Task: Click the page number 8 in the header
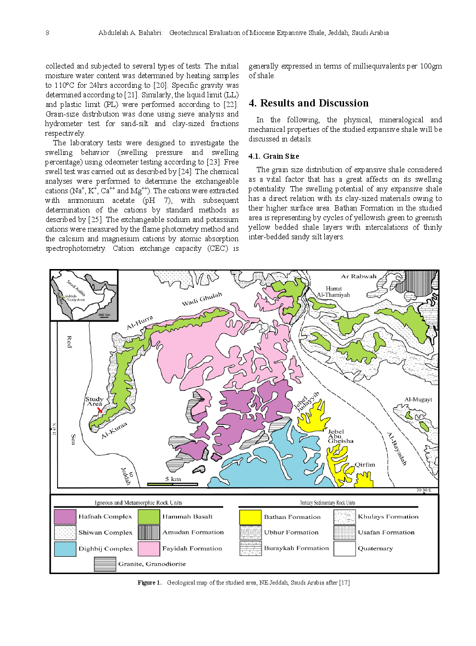pos(47,33)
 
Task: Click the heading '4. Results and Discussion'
pos(308,103)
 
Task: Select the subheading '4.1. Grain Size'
pos(274,156)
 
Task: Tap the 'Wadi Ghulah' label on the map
pos(202,299)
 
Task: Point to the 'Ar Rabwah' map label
pos(358,276)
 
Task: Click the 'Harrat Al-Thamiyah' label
pos(333,292)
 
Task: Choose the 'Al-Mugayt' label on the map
pos(418,399)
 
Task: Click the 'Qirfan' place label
pos(365,464)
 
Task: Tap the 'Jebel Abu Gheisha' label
pos(340,436)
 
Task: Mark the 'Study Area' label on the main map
pos(94,401)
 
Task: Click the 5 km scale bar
pos(172,484)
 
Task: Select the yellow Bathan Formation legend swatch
pos(250,517)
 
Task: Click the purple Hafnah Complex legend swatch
pos(65,517)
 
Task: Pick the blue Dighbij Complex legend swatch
pos(65,549)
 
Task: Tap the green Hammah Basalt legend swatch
pos(149,517)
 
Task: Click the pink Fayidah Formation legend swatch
pos(149,549)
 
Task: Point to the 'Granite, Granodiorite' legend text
pos(152,564)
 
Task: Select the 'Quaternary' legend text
pos(375,549)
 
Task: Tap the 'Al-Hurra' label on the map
pos(140,323)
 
